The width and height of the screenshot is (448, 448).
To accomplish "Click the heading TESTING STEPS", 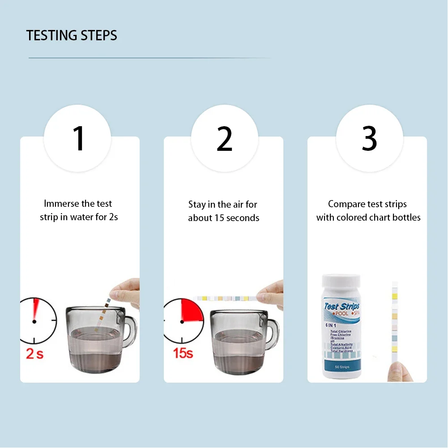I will tap(72, 35).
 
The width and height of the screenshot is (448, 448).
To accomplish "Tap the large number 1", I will tap(78, 139).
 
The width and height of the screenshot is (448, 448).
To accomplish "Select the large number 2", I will tap(225, 139).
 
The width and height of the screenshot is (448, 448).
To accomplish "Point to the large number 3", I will tap(369, 139).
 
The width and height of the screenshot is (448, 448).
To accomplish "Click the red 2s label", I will tap(35, 354).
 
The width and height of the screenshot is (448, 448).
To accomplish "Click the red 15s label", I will tap(183, 353).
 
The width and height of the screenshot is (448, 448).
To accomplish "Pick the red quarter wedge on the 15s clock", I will tap(192, 311).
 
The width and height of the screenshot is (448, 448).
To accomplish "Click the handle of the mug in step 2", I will tap(273, 331).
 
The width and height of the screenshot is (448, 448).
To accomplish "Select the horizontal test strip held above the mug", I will tap(228, 298).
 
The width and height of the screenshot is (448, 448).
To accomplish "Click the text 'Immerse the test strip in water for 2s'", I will tap(79, 210).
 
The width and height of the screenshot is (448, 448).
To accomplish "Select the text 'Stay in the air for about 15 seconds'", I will tap(223, 211).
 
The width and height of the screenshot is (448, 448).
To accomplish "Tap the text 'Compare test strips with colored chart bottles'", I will tap(368, 210).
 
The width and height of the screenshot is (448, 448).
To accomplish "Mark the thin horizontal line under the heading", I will tap(149, 58).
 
